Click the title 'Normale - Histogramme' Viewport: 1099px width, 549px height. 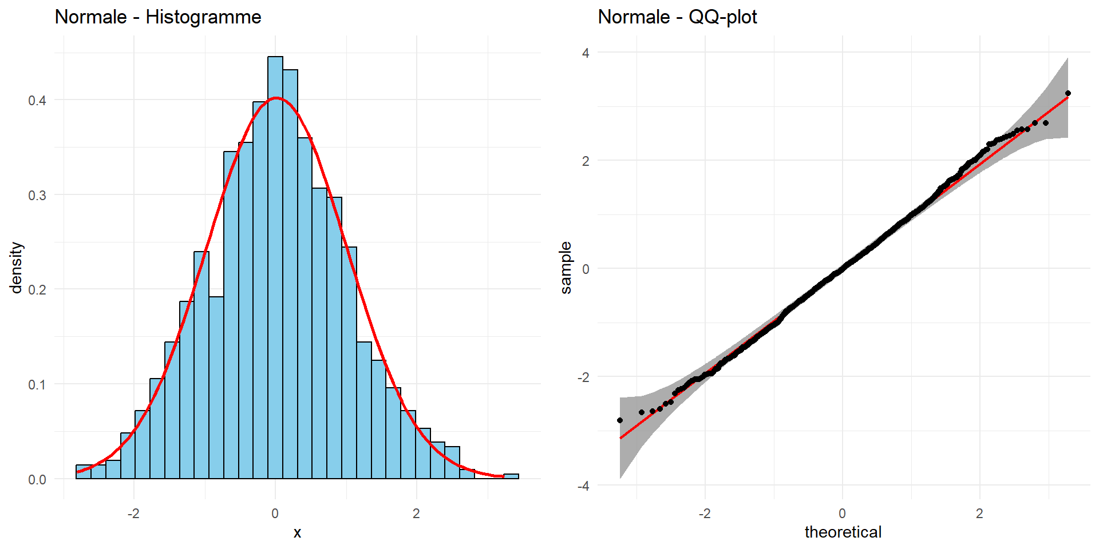coord(158,17)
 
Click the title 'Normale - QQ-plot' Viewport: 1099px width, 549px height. coord(677,17)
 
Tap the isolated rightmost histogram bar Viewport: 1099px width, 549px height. coord(511,476)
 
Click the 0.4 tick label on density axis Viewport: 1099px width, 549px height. coord(37,101)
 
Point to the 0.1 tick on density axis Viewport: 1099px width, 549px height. coord(37,385)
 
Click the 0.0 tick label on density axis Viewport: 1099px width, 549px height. coord(37,480)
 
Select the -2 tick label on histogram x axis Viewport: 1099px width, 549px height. coord(133,514)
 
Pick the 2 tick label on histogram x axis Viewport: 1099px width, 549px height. coord(416,514)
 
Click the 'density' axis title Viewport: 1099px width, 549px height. coord(17,268)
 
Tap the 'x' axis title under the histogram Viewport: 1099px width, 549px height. coord(297,533)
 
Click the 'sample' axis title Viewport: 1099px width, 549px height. coord(566,268)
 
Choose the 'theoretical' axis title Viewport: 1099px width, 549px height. coord(843,532)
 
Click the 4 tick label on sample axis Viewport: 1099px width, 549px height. coord(586,53)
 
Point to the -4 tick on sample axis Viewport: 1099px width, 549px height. coord(583,486)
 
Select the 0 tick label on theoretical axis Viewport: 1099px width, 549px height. coord(842,514)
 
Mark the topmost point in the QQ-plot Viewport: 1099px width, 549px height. coord(1068,93)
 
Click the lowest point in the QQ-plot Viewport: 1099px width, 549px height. coord(620,420)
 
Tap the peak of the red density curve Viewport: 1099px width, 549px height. coord(276,98)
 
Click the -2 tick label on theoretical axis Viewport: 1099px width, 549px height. coord(705,514)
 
